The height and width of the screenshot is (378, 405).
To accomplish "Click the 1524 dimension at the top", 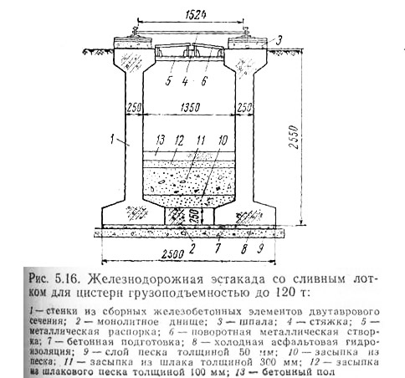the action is (x=196, y=14).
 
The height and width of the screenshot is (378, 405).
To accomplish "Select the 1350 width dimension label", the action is (x=190, y=107).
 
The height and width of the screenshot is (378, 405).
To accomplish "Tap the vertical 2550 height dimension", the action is (x=294, y=137).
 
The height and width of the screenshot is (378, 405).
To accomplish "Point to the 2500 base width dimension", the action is (x=173, y=254).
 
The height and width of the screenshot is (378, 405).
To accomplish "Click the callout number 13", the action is (x=161, y=140).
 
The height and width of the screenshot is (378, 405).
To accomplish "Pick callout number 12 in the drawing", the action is (x=179, y=140).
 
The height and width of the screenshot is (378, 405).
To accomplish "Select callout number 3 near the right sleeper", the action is (x=279, y=41).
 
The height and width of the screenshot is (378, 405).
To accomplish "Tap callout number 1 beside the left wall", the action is (x=112, y=139).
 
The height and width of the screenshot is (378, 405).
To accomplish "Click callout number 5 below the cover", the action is (x=168, y=80).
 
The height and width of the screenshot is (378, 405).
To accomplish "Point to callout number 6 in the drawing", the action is (x=204, y=81).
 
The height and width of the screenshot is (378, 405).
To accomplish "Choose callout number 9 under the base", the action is (x=260, y=248).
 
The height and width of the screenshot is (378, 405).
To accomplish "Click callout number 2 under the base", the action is (x=192, y=248).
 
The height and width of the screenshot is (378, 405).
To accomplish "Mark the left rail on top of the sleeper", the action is (x=136, y=32).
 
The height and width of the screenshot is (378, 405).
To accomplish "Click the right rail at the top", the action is (x=246, y=32).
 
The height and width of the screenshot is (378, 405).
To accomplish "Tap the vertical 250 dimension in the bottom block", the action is (x=195, y=216).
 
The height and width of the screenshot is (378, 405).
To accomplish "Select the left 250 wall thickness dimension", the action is (x=134, y=107).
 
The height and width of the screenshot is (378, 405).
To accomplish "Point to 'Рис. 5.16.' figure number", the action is (x=53, y=279).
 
